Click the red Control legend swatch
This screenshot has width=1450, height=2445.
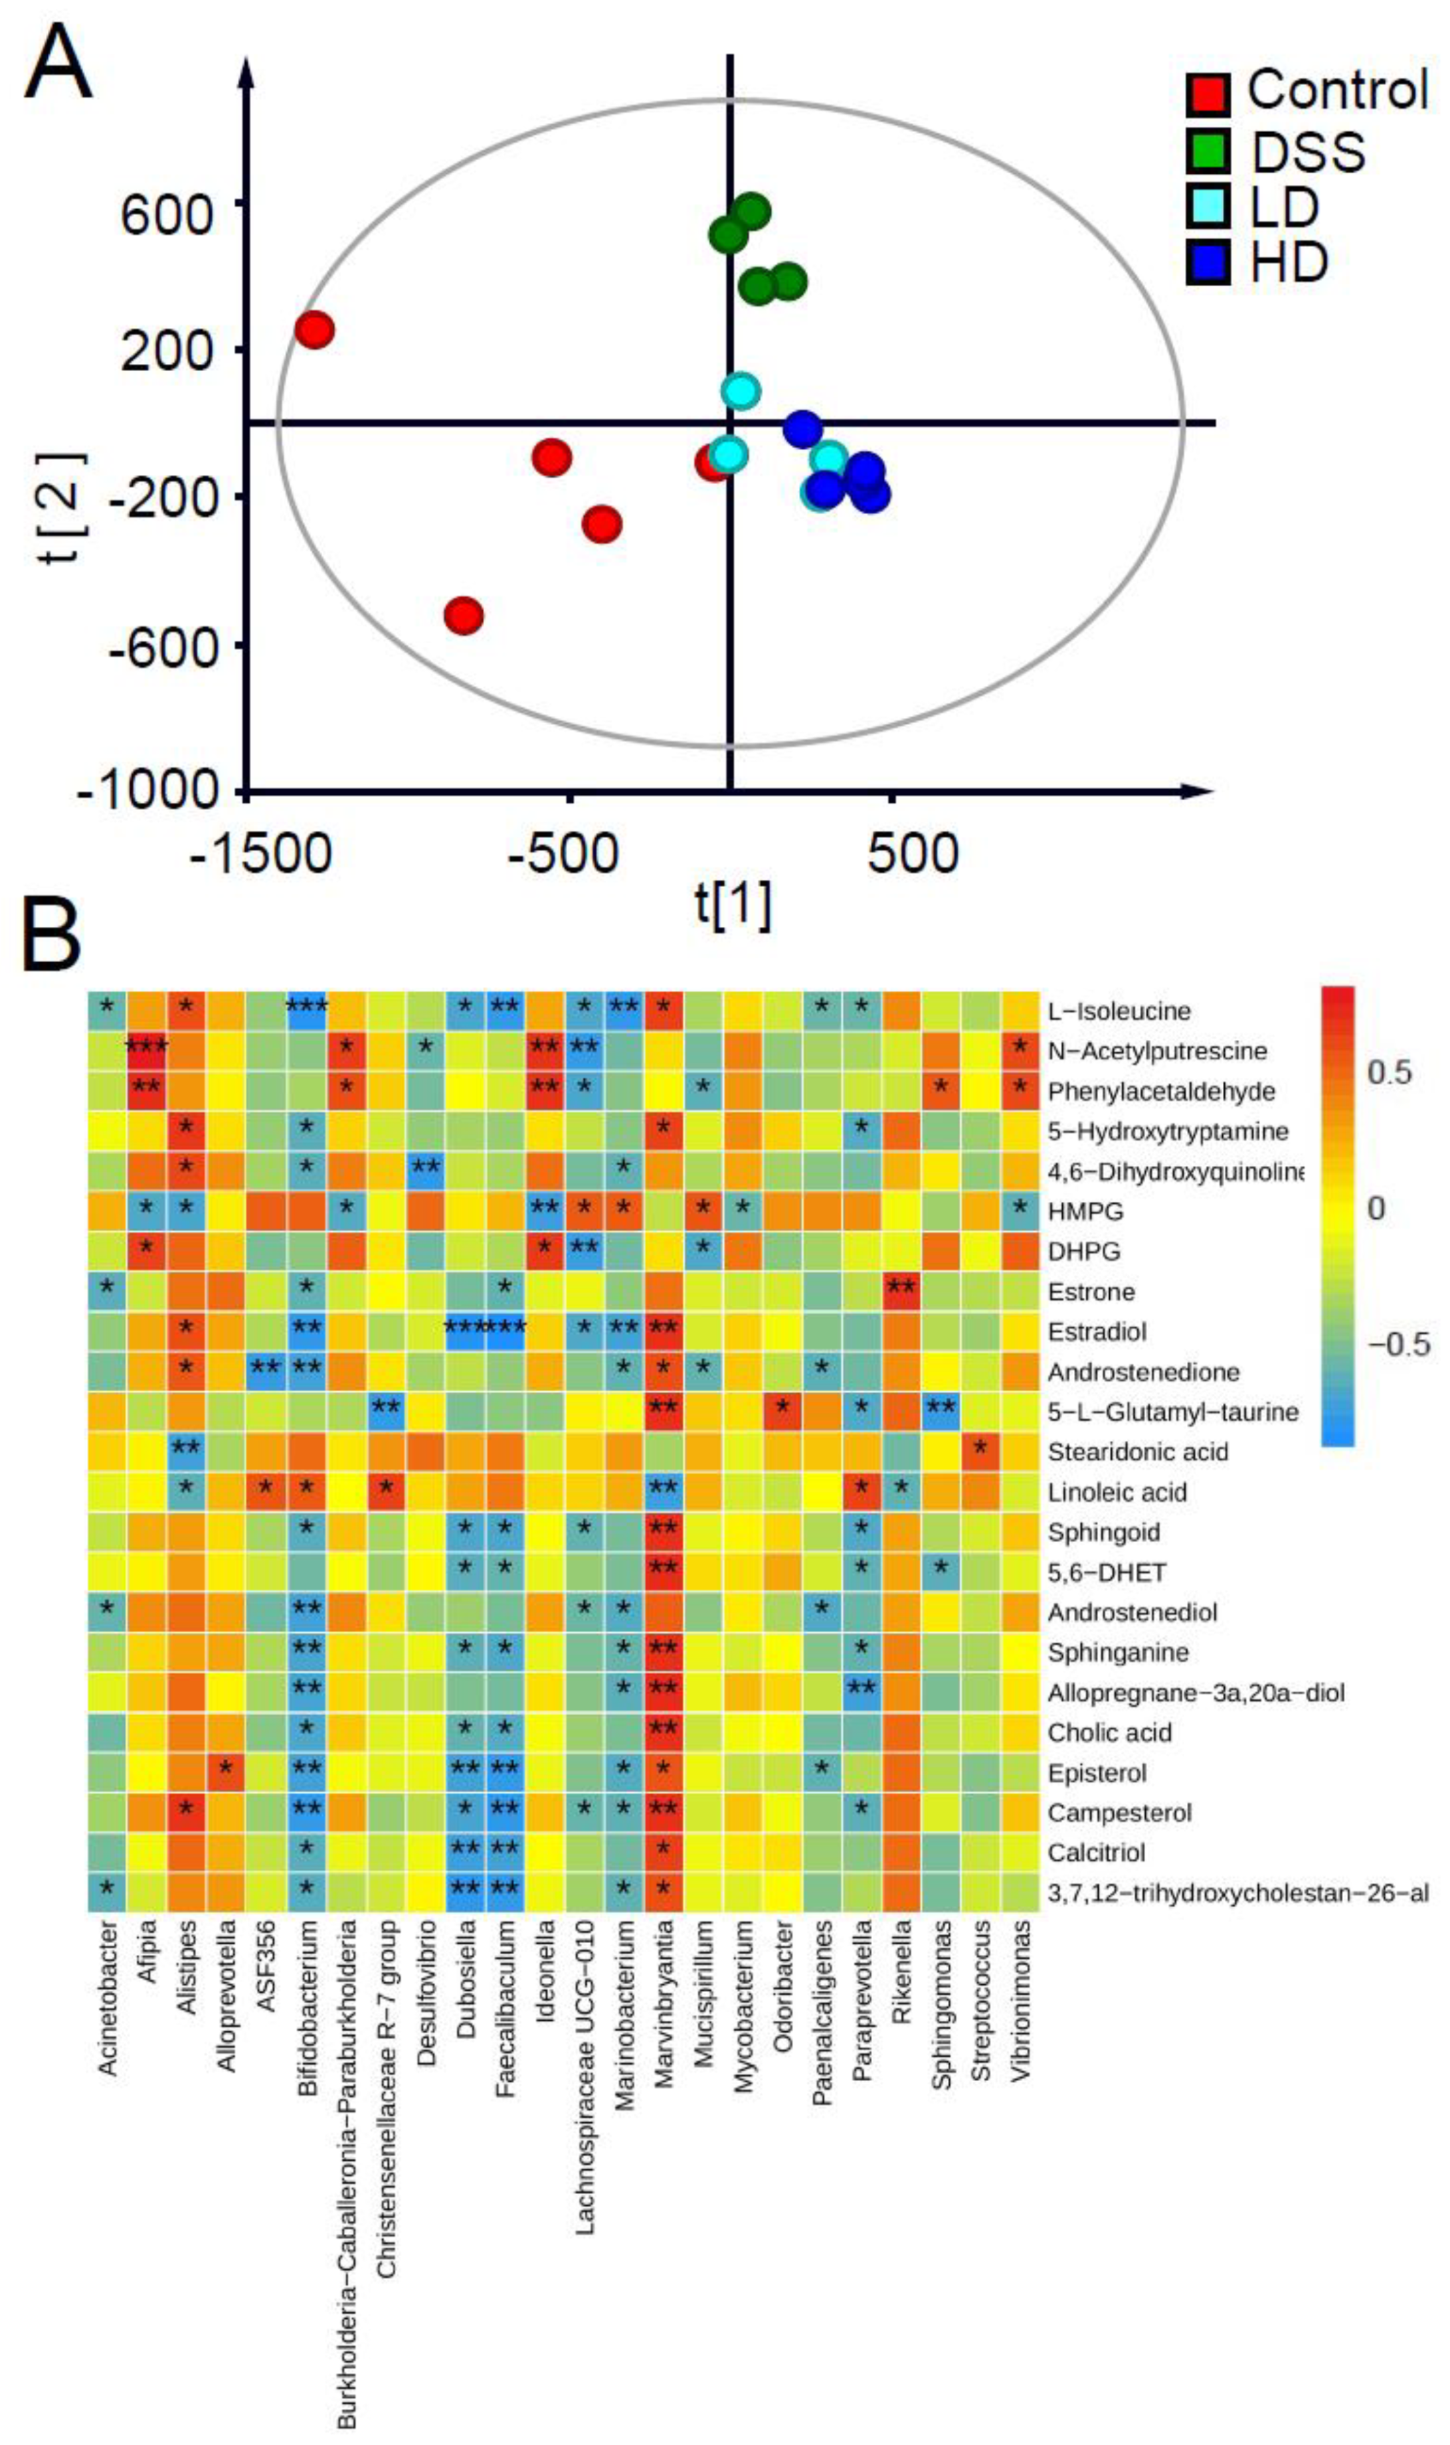tap(1209, 93)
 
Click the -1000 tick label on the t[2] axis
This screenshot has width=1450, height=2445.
tap(147, 790)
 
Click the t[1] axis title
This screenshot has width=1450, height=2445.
tap(733, 904)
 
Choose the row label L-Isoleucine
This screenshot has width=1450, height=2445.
tap(1119, 1011)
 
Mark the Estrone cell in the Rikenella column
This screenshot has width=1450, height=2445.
tap(901, 1292)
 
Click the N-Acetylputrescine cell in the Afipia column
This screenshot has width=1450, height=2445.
tap(147, 1051)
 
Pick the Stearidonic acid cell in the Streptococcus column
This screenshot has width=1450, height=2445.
tap(980, 1452)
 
